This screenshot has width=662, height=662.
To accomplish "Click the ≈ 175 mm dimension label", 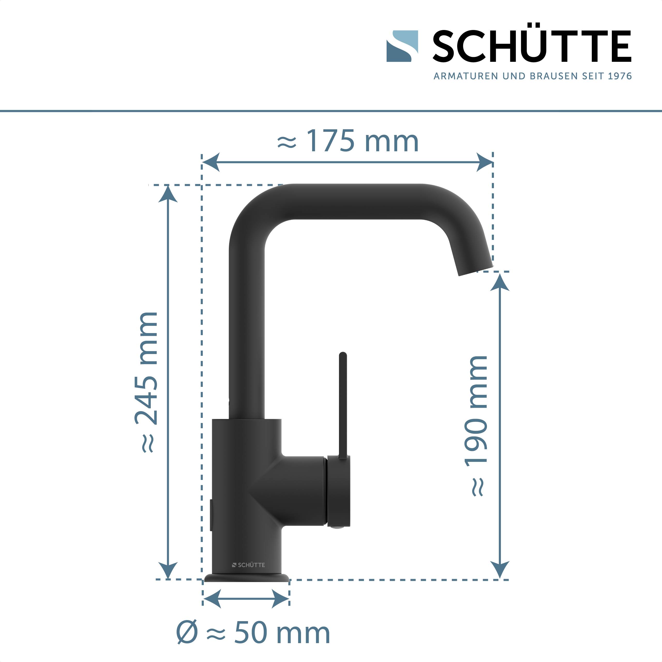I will pyautogui.click(x=348, y=141).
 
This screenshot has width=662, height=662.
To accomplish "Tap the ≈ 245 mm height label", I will pyautogui.click(x=147, y=382).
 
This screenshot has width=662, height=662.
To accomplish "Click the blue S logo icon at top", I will pyautogui.click(x=402, y=46).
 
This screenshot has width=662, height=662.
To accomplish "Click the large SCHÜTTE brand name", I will pyautogui.click(x=531, y=46).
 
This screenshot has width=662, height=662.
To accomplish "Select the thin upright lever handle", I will pyautogui.click(x=343, y=404).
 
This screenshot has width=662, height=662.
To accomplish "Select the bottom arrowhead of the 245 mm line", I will pyautogui.click(x=168, y=570).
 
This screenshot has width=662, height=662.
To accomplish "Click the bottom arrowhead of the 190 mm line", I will pyautogui.click(x=500, y=570).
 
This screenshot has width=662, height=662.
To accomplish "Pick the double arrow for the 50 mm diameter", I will pyautogui.click(x=246, y=599).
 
